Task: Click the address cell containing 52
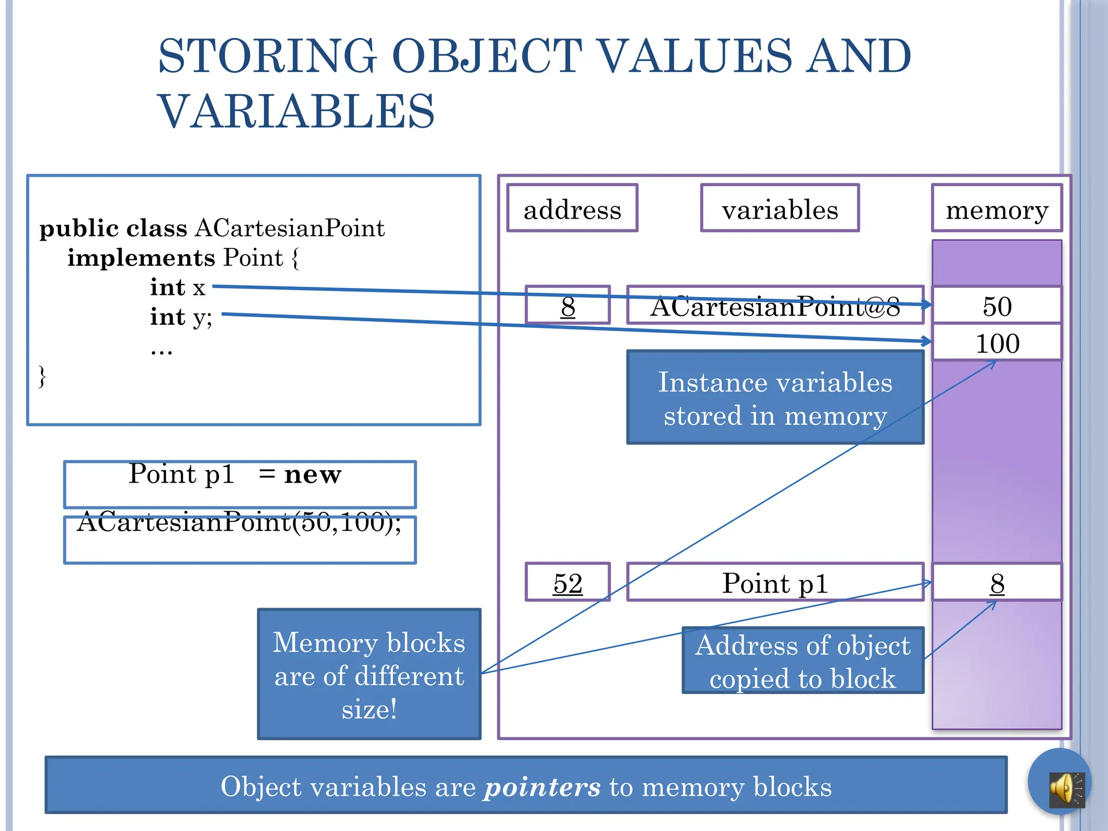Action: click(568, 583)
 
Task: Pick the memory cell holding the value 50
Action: click(997, 306)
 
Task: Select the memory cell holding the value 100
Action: click(997, 343)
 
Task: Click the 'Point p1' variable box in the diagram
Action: click(775, 583)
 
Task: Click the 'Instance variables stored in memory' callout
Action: click(775, 398)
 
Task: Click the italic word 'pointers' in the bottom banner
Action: click(542, 787)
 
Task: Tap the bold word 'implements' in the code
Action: click(141, 258)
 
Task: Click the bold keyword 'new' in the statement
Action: click(313, 475)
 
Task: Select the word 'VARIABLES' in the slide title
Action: click(296, 111)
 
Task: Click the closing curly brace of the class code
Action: click(42, 375)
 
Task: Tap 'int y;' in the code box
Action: click(181, 317)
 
